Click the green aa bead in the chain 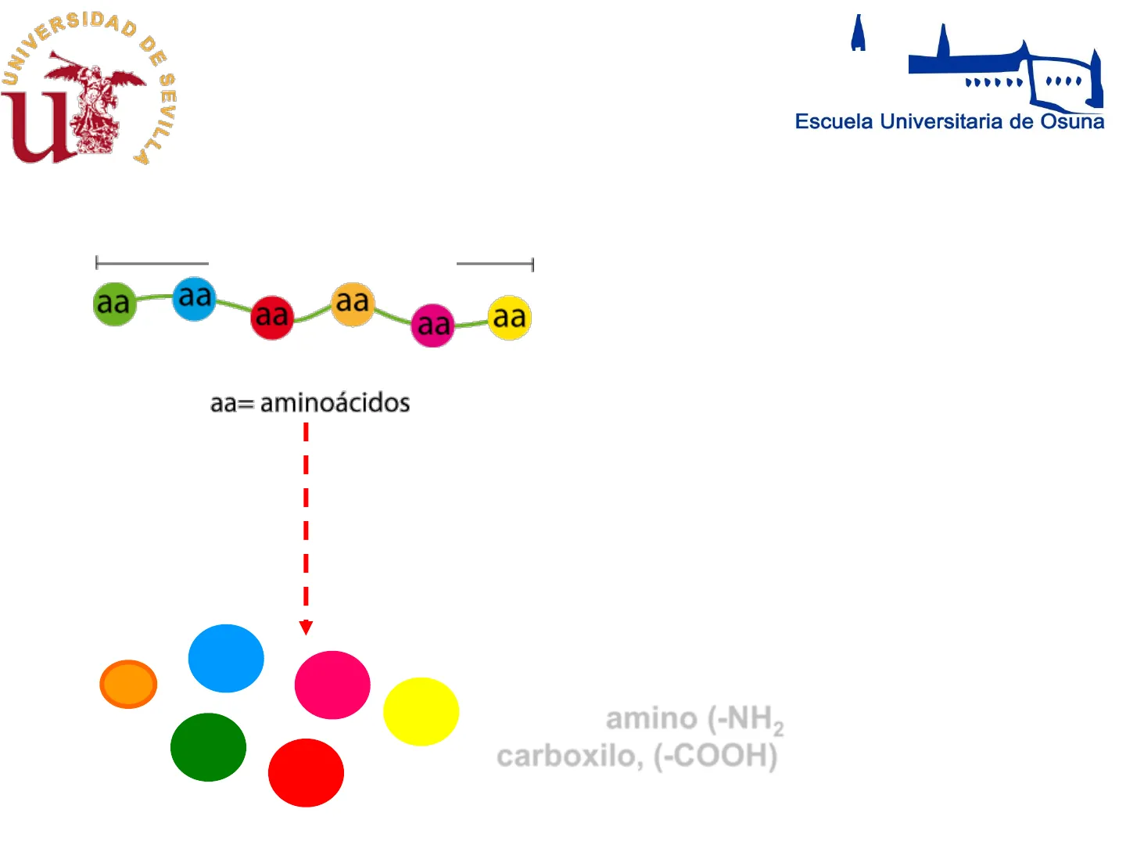(x=115, y=304)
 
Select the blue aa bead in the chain (x=194, y=298)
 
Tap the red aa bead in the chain (x=272, y=317)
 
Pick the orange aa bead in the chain (x=353, y=304)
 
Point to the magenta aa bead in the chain (x=432, y=325)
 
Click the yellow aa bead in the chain (x=509, y=318)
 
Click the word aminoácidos (x=335, y=404)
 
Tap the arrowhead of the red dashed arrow (x=306, y=627)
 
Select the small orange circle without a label (x=128, y=685)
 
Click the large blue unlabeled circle (x=226, y=658)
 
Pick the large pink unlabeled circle (x=332, y=685)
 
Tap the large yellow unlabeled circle (x=421, y=711)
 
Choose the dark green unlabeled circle (x=208, y=747)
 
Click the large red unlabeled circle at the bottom (x=306, y=772)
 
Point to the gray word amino (x=651, y=718)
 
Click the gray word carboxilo (x=566, y=757)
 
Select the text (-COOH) (x=715, y=757)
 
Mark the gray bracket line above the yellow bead (x=494, y=264)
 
